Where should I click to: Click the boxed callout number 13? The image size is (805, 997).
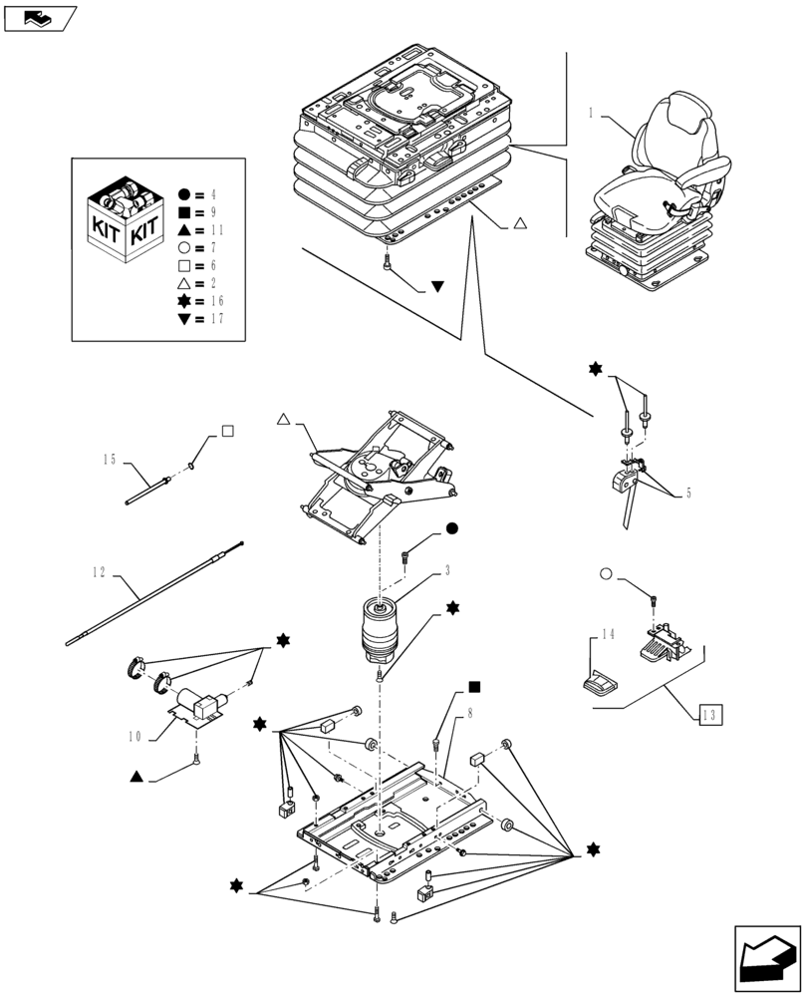tap(708, 714)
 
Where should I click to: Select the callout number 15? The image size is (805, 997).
tap(110, 459)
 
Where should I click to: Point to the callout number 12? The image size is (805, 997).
tap(99, 572)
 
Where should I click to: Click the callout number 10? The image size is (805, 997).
tap(134, 737)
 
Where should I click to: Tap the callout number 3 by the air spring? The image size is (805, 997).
tap(448, 570)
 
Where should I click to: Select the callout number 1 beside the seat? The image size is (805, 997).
tap(591, 114)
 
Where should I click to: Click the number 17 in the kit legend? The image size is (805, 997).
tap(216, 319)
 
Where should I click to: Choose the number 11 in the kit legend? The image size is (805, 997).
tap(216, 230)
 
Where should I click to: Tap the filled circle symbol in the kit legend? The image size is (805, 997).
tap(184, 194)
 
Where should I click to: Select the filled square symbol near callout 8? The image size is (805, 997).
tap(475, 687)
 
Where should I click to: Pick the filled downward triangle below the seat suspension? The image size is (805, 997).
tap(437, 288)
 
